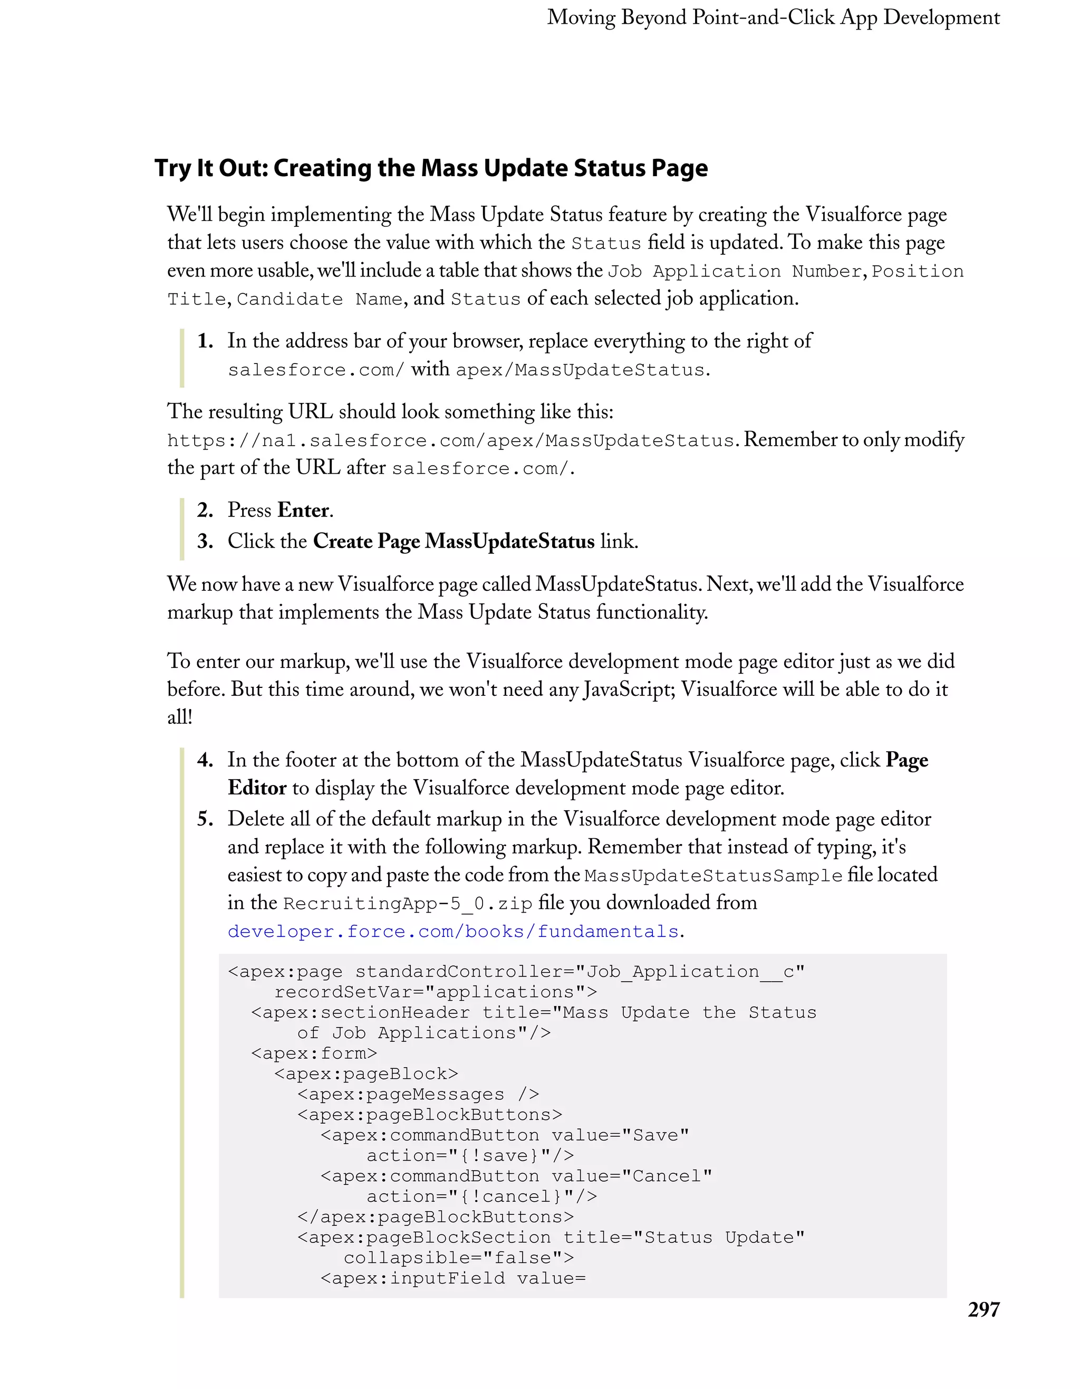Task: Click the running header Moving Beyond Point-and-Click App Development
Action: click(x=773, y=18)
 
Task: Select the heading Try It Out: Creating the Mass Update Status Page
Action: click(x=431, y=168)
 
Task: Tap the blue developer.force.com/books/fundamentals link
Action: click(x=453, y=932)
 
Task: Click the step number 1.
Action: click(x=204, y=341)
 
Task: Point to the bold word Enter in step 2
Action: click(x=303, y=510)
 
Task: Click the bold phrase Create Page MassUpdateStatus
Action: click(x=454, y=541)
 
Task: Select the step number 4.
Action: click(x=204, y=760)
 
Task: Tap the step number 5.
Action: click(x=204, y=819)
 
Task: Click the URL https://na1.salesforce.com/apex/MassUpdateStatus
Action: click(x=451, y=440)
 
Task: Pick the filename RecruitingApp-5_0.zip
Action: click(x=408, y=904)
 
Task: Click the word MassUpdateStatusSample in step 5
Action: click(x=713, y=876)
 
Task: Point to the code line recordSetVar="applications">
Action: click(x=436, y=992)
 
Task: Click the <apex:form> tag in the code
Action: click(x=314, y=1053)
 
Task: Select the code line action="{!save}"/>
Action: click(x=470, y=1156)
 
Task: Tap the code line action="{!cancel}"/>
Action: click(x=481, y=1196)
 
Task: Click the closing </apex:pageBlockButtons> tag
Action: click(x=436, y=1216)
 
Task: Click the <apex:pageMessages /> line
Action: click(x=418, y=1094)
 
